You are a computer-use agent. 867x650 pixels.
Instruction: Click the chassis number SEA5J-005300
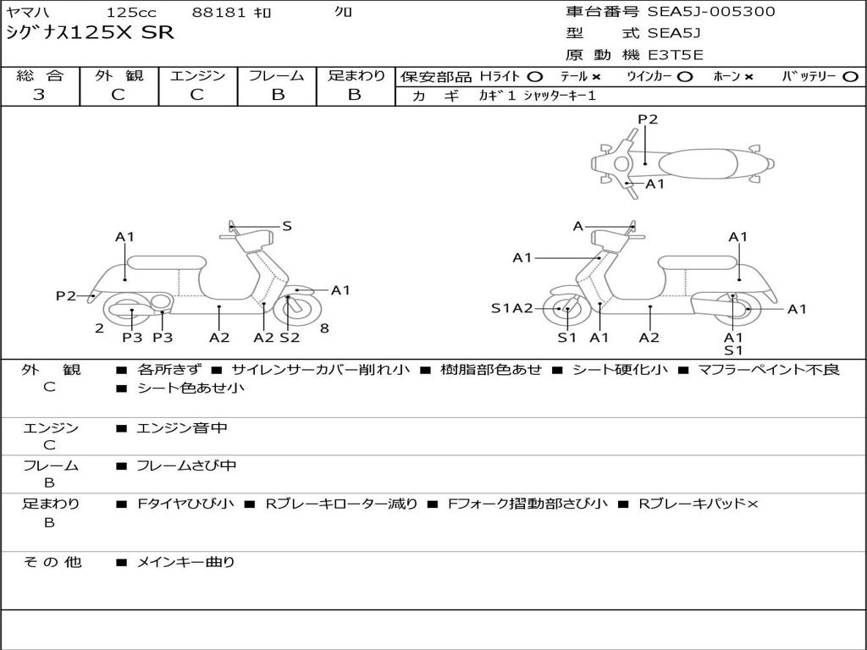(x=711, y=12)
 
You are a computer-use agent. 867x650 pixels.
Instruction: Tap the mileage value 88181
(x=218, y=13)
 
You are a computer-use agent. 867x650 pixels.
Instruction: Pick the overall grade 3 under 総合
(x=39, y=95)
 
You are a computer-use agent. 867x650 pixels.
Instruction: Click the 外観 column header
(x=119, y=75)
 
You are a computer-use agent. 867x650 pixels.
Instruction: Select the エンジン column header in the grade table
(x=197, y=75)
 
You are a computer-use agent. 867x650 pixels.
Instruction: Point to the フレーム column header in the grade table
(x=277, y=75)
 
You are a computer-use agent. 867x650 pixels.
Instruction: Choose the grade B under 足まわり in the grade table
(x=355, y=95)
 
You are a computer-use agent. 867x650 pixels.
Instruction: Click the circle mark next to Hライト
(x=535, y=76)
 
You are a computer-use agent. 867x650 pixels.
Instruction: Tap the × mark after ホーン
(x=748, y=76)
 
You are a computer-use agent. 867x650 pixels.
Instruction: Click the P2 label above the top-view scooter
(x=648, y=119)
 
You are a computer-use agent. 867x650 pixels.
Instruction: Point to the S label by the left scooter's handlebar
(x=287, y=226)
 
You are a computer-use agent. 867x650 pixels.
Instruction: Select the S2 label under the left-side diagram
(x=290, y=338)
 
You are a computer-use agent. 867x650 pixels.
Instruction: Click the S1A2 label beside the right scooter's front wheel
(x=512, y=308)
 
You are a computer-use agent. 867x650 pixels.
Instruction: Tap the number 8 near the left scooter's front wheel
(x=324, y=328)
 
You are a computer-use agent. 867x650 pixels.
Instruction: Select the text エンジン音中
(x=182, y=428)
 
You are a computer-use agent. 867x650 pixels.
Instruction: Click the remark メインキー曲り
(x=185, y=562)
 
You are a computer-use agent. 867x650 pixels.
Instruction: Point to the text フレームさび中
(x=186, y=465)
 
